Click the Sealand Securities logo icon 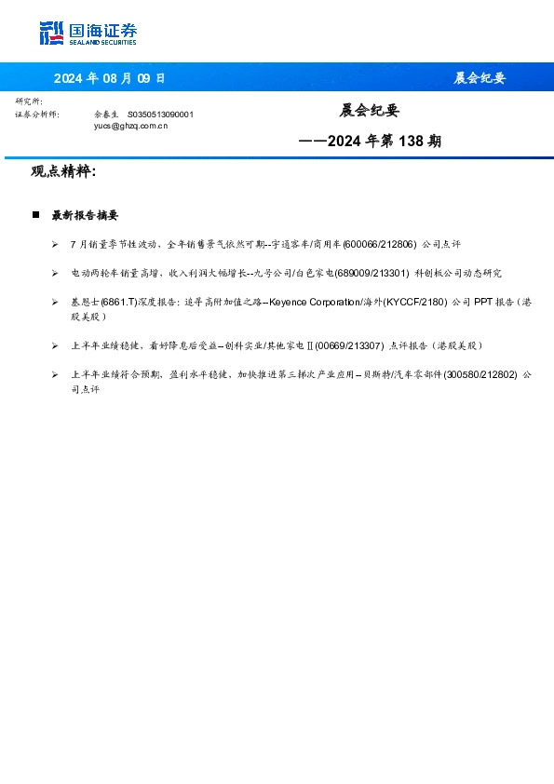point(51,34)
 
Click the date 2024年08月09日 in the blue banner point(109,78)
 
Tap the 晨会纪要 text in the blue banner point(479,78)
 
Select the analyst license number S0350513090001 point(160,114)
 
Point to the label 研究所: point(29,101)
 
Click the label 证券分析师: point(37,114)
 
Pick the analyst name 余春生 point(106,114)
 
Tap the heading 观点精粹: point(63,171)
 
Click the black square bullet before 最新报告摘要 point(35,215)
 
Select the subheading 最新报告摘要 point(85,215)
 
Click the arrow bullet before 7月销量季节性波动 point(56,243)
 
